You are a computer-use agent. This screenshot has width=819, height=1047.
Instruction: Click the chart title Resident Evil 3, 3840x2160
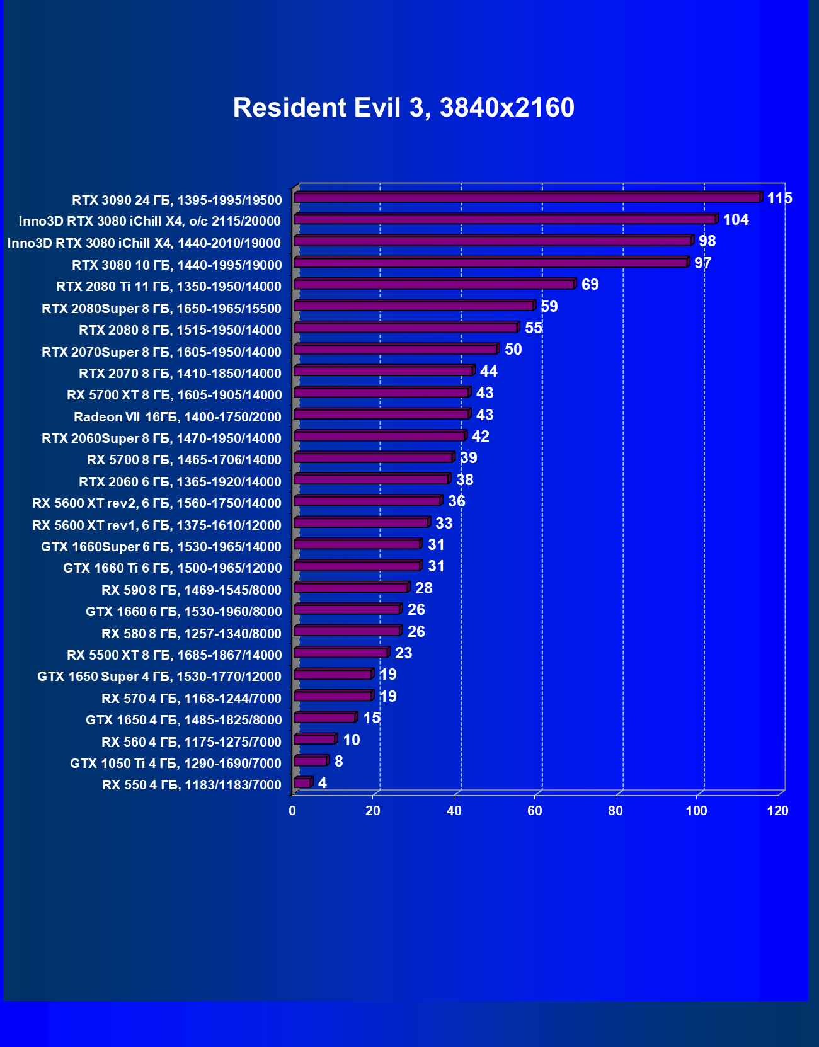coord(403,108)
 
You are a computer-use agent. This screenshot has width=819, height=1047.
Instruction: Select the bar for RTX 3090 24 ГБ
coord(527,198)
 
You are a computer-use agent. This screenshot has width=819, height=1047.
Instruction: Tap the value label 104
coord(735,220)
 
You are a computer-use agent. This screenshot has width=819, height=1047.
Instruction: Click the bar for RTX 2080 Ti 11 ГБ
coord(433,285)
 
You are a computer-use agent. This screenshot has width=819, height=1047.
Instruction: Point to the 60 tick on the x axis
coord(535,811)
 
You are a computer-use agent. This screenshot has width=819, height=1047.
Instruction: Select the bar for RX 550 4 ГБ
coord(302,782)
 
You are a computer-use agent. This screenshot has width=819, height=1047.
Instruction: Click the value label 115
coord(779,198)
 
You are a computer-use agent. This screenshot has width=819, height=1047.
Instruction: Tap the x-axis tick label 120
coord(777,811)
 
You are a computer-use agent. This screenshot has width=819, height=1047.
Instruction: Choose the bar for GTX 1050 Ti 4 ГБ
coord(310,761)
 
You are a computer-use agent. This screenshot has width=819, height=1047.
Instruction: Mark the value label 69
coord(590,285)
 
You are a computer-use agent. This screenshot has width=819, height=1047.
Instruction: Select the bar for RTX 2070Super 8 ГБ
coord(396,350)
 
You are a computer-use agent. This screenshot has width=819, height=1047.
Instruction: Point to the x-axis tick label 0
coord(292,811)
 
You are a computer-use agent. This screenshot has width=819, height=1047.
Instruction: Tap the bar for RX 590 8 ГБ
coord(351,588)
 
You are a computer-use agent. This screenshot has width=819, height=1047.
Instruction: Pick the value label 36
coord(456,501)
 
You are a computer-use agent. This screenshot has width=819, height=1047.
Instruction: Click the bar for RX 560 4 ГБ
coord(314,740)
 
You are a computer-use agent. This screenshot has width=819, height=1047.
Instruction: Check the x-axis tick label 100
coord(696,811)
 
